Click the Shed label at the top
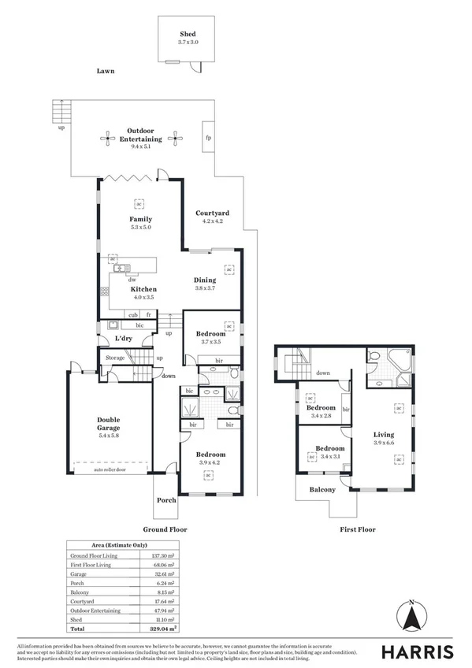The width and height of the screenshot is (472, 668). point(187,35)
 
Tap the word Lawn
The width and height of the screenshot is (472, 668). point(106,71)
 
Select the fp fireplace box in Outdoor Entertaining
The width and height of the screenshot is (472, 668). point(208,138)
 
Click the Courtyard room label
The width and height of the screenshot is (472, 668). point(212,213)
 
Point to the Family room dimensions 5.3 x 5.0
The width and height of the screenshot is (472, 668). point(140,227)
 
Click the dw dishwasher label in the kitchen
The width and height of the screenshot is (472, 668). point(132,280)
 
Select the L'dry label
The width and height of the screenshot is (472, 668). point(124,339)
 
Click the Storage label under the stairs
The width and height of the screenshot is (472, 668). point(116,358)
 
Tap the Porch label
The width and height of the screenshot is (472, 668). point(166,500)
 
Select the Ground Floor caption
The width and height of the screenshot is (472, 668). point(165,530)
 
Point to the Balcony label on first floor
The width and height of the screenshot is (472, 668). point(321,489)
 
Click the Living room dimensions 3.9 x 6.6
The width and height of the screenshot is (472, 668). point(384,443)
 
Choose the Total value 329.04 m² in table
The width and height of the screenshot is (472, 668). point(164,629)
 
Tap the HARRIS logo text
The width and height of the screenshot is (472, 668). point(418,651)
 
